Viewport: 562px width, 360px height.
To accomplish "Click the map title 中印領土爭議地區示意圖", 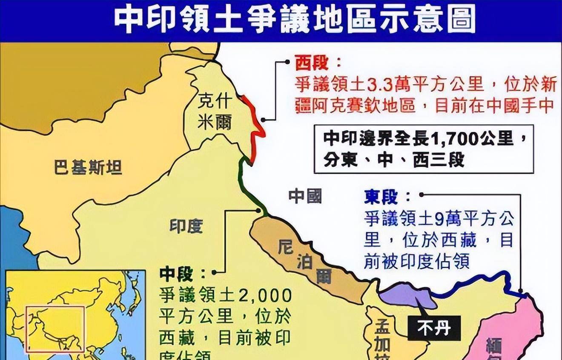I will point(294,20).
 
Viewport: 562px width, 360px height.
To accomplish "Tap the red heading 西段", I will point(312,63).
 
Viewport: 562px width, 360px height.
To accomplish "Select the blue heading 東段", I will point(381,197).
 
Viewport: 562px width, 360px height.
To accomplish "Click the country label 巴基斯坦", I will point(88,168).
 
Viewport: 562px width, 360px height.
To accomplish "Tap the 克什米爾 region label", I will point(215,112).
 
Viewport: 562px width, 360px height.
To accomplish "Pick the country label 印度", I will point(186,226).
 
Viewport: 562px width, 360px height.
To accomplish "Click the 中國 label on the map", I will point(305,196).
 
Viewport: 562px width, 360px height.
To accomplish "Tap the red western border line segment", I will point(255,128).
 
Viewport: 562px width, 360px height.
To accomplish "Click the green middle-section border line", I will point(251,187).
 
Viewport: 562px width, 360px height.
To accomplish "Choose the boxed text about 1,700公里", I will point(424,149).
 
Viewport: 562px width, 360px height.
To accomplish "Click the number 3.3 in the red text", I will point(376,85).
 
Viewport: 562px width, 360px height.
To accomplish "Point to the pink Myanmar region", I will point(511,332).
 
